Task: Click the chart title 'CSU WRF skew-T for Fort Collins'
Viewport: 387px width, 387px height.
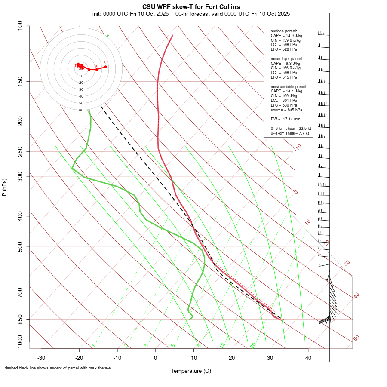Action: pyautogui.click(x=191, y=7)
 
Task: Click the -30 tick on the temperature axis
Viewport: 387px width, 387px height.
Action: pyautogui.click(x=41, y=357)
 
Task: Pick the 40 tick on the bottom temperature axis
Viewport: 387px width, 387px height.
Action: pyautogui.click(x=308, y=357)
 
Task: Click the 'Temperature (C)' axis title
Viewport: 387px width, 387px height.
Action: pyautogui.click(x=191, y=371)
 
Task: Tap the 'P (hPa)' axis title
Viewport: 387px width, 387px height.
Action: pyautogui.click(x=4, y=187)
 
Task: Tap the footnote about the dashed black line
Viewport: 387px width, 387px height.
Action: pyautogui.click(x=58, y=368)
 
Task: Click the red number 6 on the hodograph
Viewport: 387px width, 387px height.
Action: pyautogui.click(x=104, y=63)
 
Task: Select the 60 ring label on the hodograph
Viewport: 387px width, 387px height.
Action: pyautogui.click(x=81, y=110)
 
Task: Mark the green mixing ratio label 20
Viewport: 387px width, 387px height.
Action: pyautogui.click(x=253, y=345)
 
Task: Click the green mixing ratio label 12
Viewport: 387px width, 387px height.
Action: pyautogui.click(x=222, y=345)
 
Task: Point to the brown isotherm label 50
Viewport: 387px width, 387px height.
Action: pyautogui.click(x=356, y=338)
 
